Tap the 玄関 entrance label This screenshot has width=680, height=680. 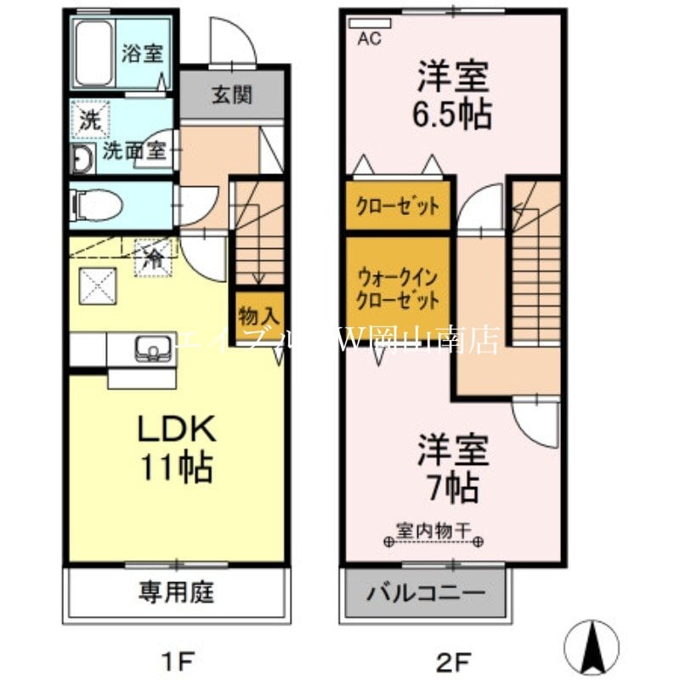(x=231, y=94)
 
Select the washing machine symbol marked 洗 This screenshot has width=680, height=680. (x=90, y=120)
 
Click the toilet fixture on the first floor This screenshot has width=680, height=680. (x=94, y=205)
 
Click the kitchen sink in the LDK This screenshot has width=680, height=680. (x=153, y=348)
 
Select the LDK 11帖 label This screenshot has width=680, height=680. (x=178, y=447)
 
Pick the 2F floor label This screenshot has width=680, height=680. (x=452, y=659)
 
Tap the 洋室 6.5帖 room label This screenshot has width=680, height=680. (x=453, y=95)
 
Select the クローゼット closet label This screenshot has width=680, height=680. (x=397, y=206)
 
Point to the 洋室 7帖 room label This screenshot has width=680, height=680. (x=453, y=468)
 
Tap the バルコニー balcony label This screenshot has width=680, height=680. (x=425, y=592)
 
